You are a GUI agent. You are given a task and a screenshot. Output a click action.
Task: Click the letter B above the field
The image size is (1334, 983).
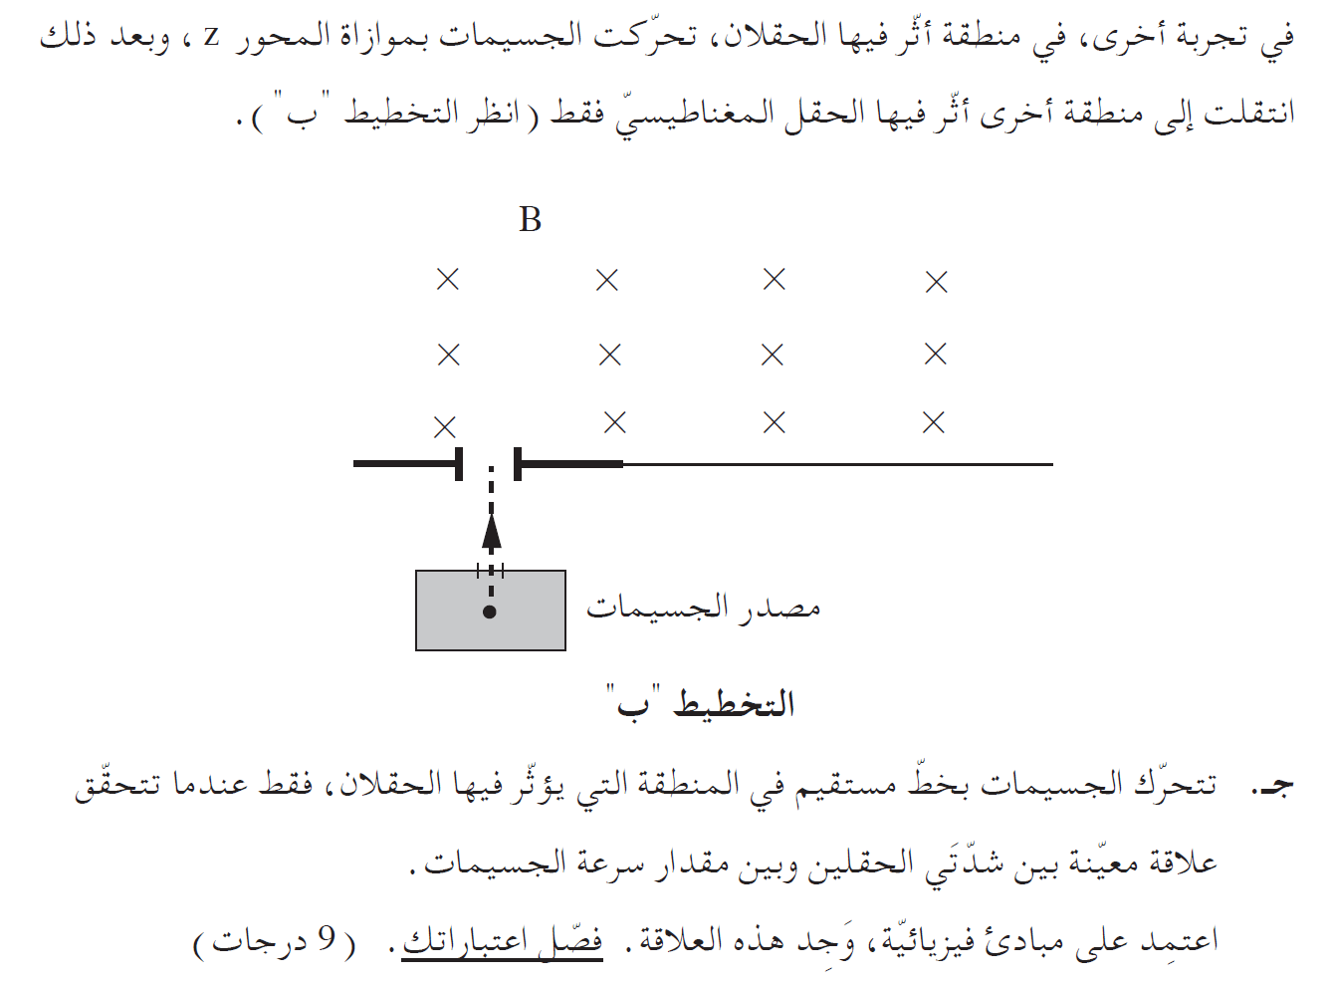point(530,220)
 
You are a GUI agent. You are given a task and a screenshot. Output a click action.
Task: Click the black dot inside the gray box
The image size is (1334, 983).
point(489,612)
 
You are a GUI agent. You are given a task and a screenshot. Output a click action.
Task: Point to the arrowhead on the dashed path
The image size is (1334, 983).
point(491,532)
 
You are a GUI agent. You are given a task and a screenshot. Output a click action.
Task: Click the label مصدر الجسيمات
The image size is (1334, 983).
point(703,608)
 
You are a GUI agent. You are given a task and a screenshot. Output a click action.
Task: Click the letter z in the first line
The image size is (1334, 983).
point(211,38)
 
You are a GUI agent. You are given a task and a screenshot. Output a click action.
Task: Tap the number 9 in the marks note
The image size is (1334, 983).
point(327,939)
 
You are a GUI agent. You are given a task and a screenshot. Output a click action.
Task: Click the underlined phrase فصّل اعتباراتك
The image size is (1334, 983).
point(502,941)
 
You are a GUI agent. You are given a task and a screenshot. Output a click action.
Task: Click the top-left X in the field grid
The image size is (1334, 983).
point(448,280)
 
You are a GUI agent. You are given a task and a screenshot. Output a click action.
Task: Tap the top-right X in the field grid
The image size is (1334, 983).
point(936,283)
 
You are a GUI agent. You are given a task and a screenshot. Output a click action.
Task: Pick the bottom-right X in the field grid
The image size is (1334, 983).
point(934,423)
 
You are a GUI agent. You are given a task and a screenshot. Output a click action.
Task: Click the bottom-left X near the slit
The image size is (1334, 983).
point(445,427)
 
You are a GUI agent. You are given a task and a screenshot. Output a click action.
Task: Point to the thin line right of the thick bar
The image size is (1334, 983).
point(836,464)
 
